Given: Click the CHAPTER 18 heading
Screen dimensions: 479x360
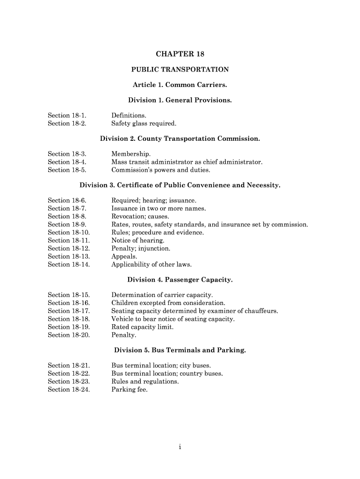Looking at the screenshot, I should tap(180, 54).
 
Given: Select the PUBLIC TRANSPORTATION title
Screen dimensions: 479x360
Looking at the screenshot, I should tap(180, 70).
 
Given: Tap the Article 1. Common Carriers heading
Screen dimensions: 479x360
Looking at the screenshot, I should tap(180, 85).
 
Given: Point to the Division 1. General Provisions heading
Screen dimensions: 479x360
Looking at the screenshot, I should tap(180, 101).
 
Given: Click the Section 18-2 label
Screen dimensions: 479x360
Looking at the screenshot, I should tap(67, 123).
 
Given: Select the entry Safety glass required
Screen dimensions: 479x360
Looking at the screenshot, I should tap(144, 123).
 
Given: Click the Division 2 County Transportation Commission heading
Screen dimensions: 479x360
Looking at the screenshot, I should tap(180, 139).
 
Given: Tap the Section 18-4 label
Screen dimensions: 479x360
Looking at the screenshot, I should tap(67, 162).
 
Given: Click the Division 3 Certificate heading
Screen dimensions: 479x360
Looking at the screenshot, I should tap(180, 185).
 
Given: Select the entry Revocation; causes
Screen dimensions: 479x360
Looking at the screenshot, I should tap(140, 217).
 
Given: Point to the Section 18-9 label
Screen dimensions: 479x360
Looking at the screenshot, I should tap(67, 225).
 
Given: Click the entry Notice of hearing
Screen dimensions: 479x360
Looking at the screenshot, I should tap(138, 240).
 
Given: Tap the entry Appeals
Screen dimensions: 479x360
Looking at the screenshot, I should tap(124, 256).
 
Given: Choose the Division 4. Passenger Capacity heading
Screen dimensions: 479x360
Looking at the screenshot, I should tap(180, 280).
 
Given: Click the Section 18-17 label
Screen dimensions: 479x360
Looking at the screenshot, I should tap(69, 311).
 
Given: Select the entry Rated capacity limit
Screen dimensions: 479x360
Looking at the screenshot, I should tap(142, 327).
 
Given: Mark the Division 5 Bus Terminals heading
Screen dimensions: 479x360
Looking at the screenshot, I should tap(180, 350).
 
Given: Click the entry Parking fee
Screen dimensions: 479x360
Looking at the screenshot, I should tap(130, 389).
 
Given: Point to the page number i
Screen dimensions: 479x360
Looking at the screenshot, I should tap(180, 447).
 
